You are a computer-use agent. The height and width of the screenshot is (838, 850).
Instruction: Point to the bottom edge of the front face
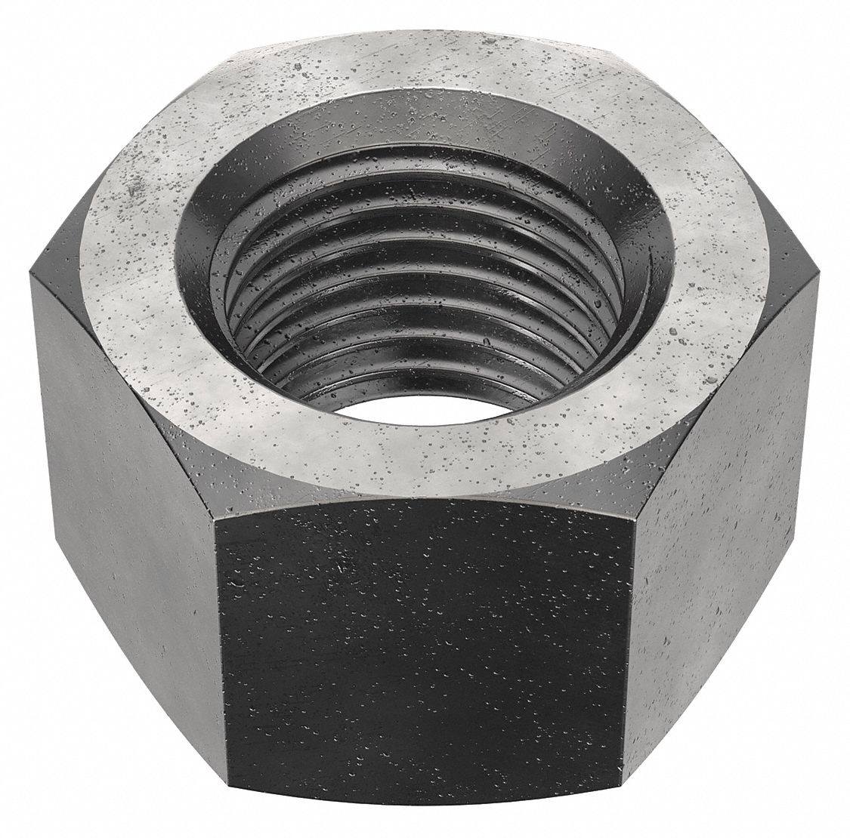423,827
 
